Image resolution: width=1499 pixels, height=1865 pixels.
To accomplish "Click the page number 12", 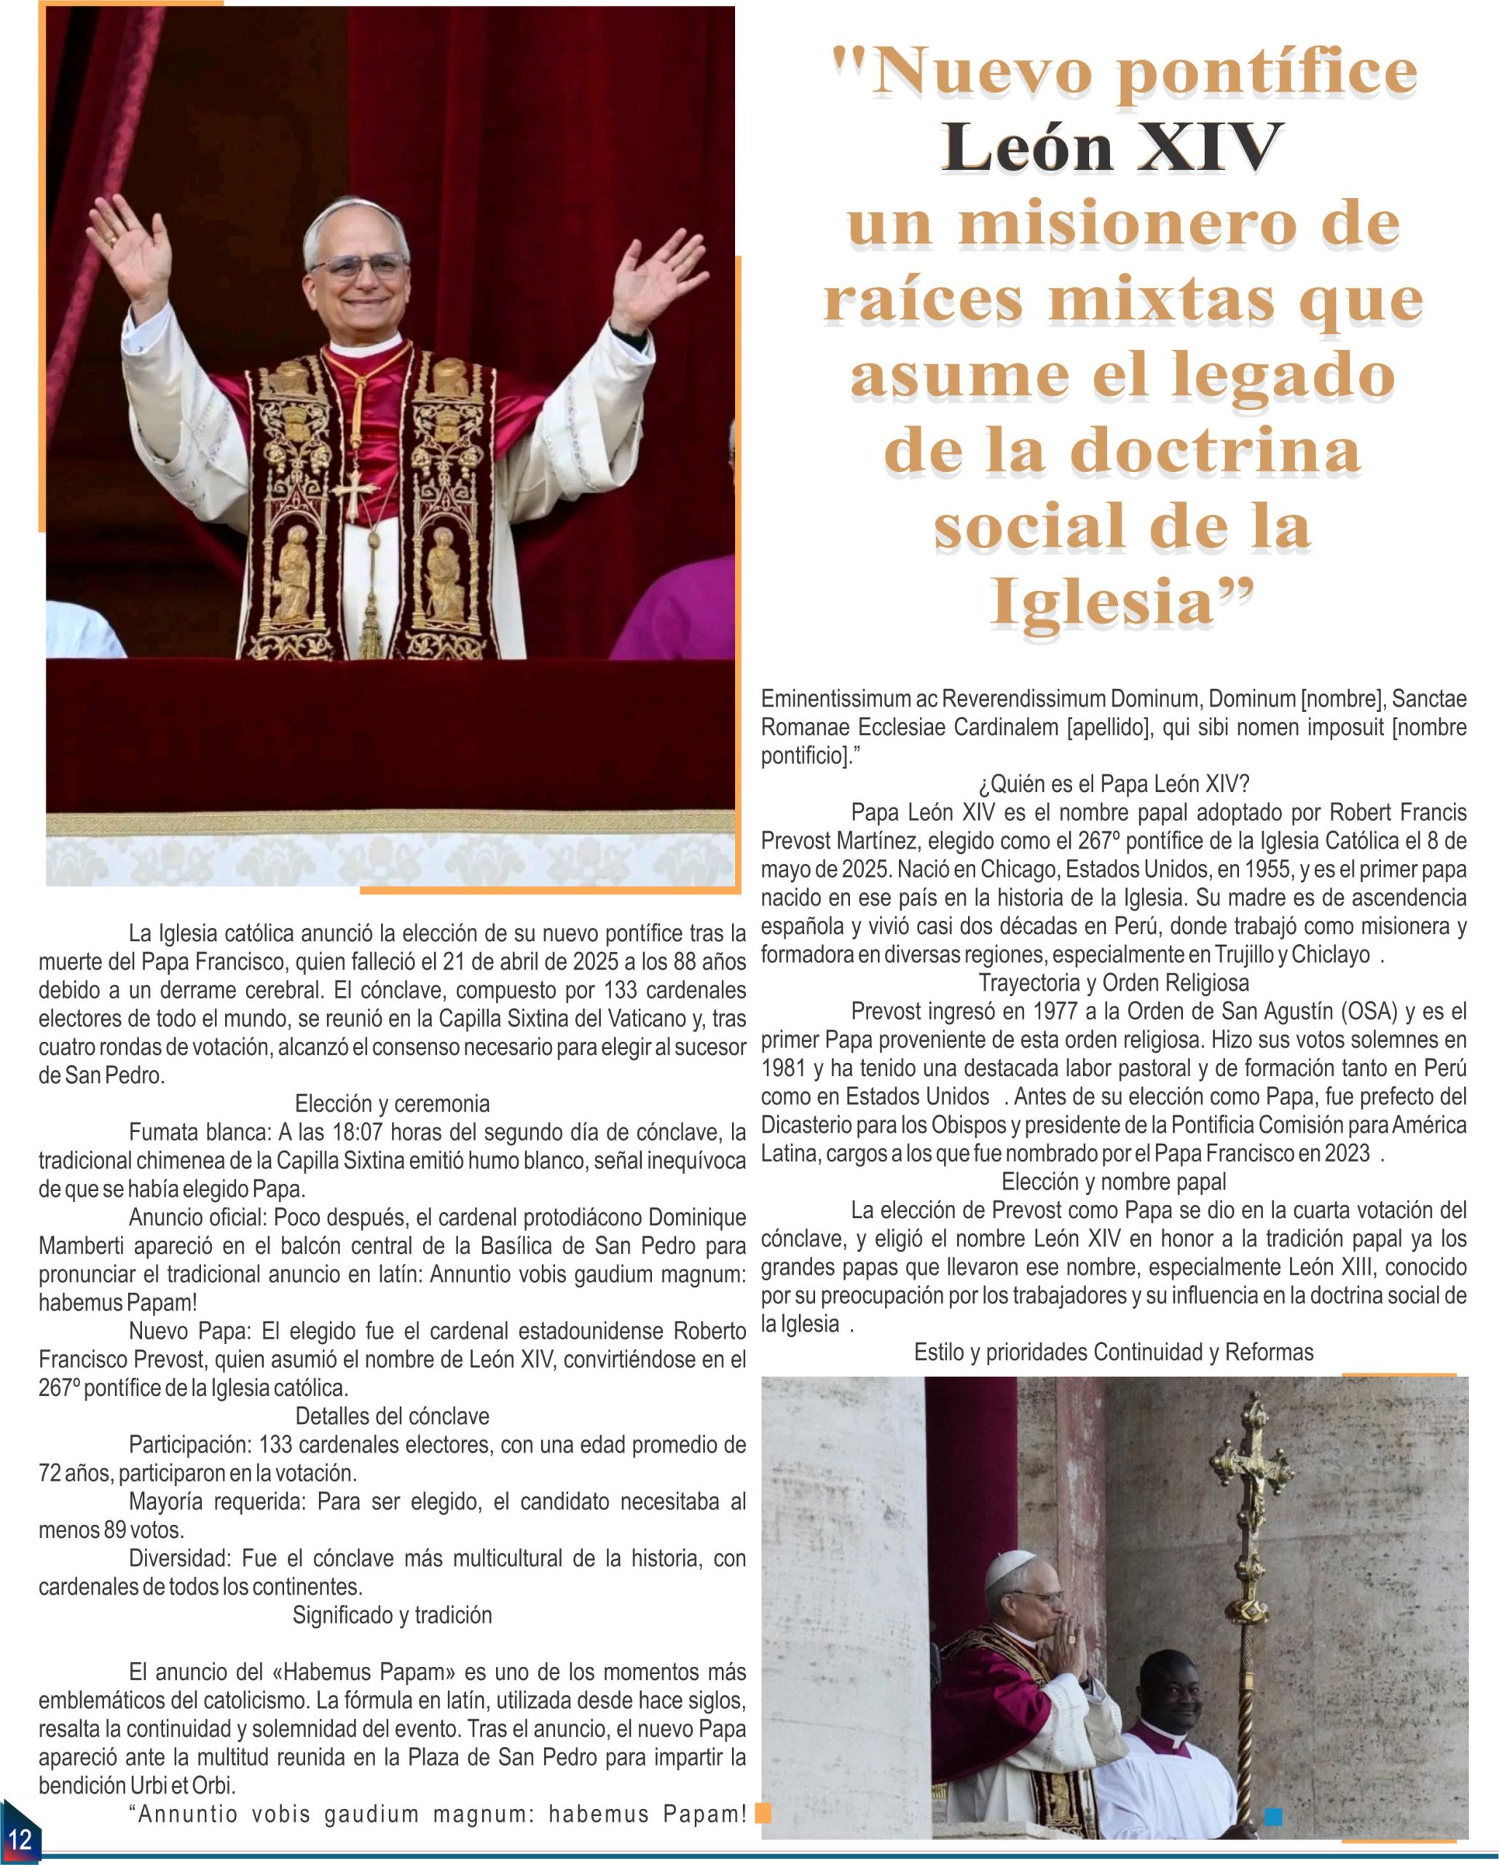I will [x=19, y=1837].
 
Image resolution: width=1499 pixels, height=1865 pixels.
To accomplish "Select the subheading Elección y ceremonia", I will [x=392, y=1104].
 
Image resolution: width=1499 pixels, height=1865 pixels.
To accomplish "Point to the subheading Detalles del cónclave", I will [x=392, y=1416].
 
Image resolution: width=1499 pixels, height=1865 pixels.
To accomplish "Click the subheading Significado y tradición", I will [x=392, y=1615].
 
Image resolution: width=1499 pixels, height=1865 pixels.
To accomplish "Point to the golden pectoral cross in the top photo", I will [x=355, y=490].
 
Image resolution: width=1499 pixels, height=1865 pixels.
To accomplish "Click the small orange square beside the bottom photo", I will [x=763, y=1813].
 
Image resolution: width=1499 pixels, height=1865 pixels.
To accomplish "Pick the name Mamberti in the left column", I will [x=79, y=1246].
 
